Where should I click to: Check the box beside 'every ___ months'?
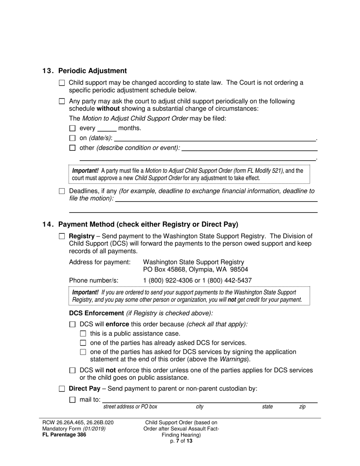point(73,128)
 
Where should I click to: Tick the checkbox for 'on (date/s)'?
point(73,138)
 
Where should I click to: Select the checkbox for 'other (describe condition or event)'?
point(73,148)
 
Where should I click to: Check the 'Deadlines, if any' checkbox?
point(62,191)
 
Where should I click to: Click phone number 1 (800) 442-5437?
point(227,280)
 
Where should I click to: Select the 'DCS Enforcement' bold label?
point(96,313)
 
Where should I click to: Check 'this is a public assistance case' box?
point(83,334)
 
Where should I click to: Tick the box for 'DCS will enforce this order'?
point(73,325)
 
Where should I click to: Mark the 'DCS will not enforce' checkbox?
point(73,371)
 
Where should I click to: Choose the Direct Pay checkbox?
point(62,389)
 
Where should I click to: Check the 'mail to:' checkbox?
point(73,399)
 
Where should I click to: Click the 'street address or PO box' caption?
point(130,407)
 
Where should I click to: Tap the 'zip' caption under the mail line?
point(302,407)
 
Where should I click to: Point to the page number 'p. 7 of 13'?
point(181,441)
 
